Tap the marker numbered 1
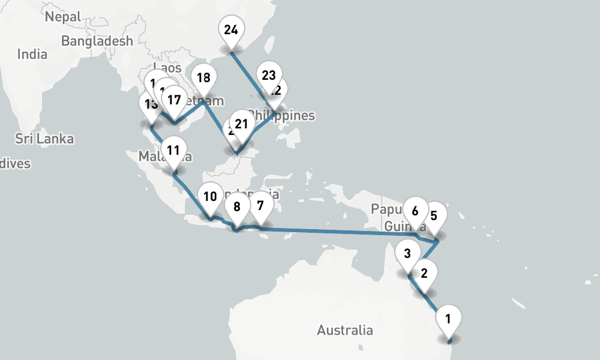click(x=449, y=316)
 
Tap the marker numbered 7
click(x=260, y=205)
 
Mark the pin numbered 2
click(x=424, y=274)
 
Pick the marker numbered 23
click(x=268, y=75)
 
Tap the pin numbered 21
click(x=241, y=124)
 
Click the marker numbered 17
click(x=174, y=99)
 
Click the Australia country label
click(x=344, y=330)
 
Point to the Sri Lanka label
click(x=44, y=139)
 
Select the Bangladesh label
click(x=97, y=41)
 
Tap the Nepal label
click(x=62, y=17)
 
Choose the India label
click(x=32, y=54)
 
